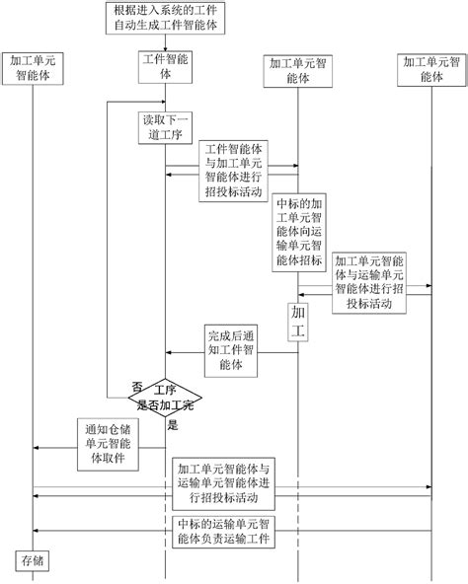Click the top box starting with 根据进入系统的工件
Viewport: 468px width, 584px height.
coord(167,18)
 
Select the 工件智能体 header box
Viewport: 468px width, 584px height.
coord(166,67)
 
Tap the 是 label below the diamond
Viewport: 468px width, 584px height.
coord(174,425)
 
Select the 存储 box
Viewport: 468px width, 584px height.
coord(33,561)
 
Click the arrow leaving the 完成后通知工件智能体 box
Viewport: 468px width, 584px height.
coord(188,354)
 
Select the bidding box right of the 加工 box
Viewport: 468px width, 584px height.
coord(368,282)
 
